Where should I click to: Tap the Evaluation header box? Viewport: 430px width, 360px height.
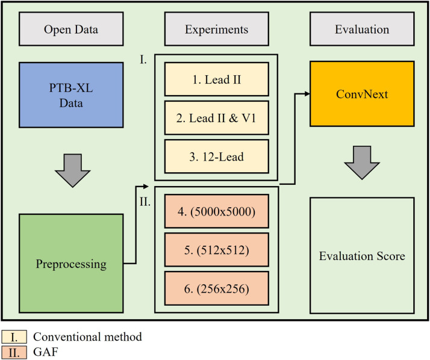click(363, 29)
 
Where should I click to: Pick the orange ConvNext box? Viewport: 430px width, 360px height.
click(363, 93)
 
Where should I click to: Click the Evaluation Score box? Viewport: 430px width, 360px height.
click(363, 255)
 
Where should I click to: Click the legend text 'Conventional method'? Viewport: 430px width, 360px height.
click(87, 337)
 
